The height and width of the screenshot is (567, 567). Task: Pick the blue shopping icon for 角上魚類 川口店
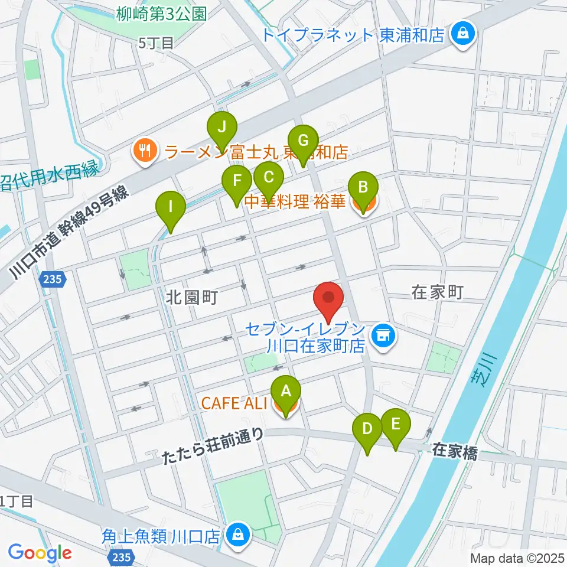(x=237, y=536)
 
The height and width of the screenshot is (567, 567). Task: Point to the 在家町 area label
(x=436, y=291)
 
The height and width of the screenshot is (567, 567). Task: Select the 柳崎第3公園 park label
(x=161, y=14)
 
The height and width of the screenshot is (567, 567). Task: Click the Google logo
(x=40, y=552)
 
